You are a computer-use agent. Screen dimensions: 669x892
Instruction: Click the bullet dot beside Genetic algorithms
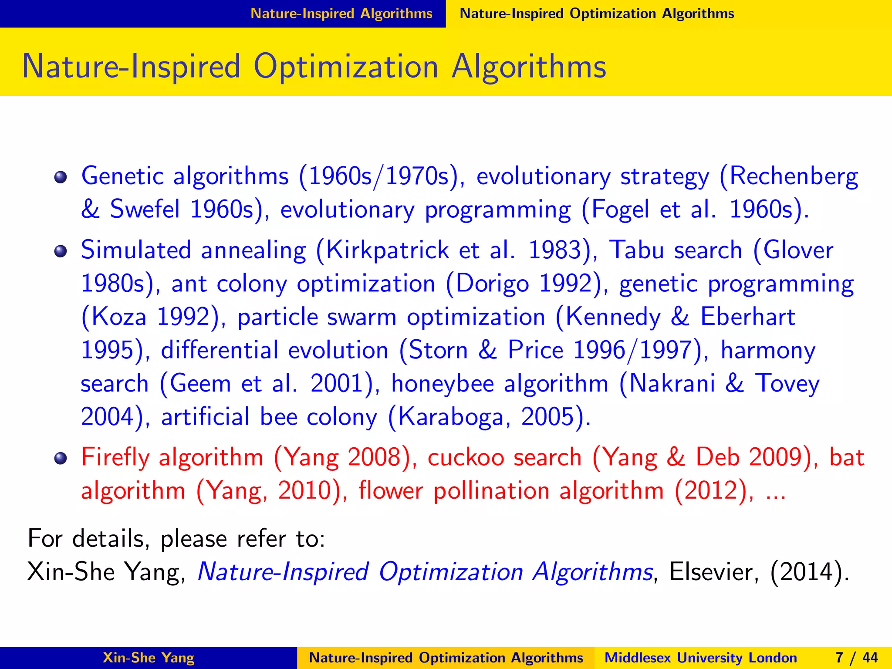pyautogui.click(x=61, y=178)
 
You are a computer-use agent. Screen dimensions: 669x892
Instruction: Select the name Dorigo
pyautogui.click(x=492, y=284)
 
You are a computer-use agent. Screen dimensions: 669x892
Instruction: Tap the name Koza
pyautogui.click(x=119, y=317)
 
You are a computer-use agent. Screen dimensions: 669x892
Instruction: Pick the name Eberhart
pyautogui.click(x=747, y=317)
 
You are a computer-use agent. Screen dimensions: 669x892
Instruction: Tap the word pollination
pyautogui.click(x=491, y=491)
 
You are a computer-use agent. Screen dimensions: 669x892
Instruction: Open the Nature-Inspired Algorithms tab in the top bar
pyautogui.click(x=341, y=14)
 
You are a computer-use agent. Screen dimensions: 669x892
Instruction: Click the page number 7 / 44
pyautogui.click(x=856, y=658)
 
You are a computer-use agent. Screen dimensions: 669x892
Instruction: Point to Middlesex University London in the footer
pyautogui.click(x=700, y=658)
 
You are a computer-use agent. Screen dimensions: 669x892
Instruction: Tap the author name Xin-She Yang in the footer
pyautogui.click(x=149, y=658)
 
